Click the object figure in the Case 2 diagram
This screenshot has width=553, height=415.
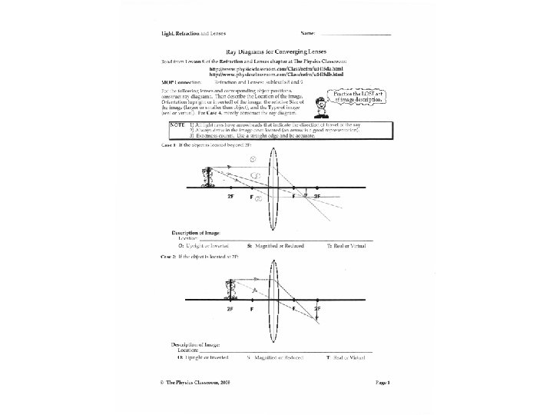tap(228, 290)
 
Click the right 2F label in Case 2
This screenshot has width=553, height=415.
tap(318, 307)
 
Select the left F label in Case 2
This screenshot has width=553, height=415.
tap(251, 307)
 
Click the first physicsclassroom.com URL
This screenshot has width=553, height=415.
tap(263, 68)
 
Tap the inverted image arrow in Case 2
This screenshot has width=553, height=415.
tap(316, 311)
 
